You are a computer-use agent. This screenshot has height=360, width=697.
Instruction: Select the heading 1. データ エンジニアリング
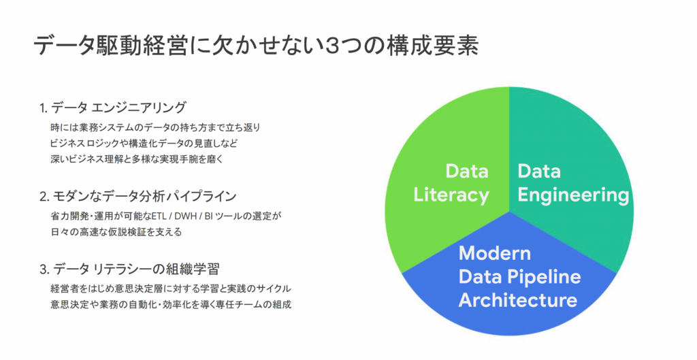point(112,108)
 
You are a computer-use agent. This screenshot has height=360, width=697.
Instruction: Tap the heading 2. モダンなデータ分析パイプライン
point(137,196)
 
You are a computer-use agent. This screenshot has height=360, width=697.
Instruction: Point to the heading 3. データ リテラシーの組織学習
point(129,269)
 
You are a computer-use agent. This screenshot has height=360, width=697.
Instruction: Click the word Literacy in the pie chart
point(451,195)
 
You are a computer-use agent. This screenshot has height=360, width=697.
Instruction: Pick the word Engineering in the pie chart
point(573,195)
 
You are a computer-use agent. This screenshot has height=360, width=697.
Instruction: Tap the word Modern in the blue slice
point(495,253)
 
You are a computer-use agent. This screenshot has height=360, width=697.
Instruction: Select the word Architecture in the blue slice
point(518,299)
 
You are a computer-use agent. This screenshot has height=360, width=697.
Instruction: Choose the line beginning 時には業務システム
point(156,127)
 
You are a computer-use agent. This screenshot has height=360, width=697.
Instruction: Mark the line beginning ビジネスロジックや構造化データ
point(144,144)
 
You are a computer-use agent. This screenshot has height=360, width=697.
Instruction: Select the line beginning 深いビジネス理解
point(137,159)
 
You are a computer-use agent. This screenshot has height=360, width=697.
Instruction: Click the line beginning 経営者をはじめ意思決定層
point(171,289)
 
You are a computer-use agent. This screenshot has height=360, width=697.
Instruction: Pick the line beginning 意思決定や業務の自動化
point(171,305)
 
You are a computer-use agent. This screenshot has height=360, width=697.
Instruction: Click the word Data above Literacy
point(467,171)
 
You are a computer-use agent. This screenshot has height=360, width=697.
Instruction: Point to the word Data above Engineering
point(539,171)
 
